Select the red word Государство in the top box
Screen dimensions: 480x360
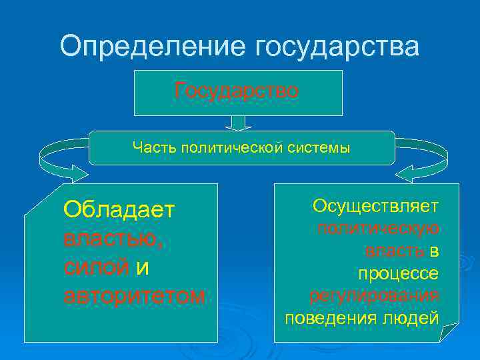coord(237,91)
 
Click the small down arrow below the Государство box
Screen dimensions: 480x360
coord(238,123)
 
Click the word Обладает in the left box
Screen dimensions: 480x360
coord(119,210)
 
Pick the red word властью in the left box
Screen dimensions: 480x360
coord(109,238)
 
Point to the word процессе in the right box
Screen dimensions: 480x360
coord(398,273)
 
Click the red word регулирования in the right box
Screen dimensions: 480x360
coord(374,295)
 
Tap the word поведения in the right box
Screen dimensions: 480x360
coord(325,318)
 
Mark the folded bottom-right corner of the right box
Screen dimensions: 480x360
coord(451,331)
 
